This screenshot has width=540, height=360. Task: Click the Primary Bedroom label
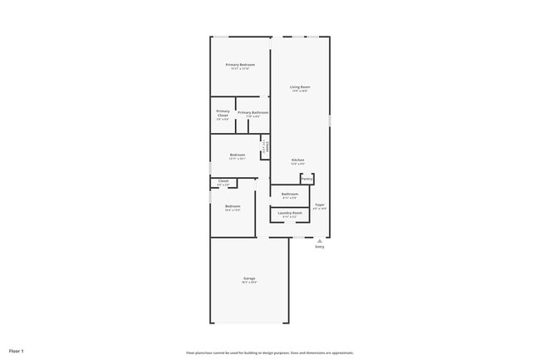click(x=240, y=64)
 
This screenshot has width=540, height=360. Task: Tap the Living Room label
click(x=300, y=86)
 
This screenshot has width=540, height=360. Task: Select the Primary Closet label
click(x=223, y=113)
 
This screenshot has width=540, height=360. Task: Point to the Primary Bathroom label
click(x=253, y=112)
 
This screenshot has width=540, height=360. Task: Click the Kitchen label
click(x=297, y=160)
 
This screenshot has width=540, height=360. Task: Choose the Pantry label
click(x=307, y=178)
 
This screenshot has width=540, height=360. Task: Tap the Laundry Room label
click(x=290, y=213)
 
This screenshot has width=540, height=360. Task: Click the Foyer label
click(x=320, y=205)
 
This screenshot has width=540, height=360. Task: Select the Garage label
click(x=249, y=278)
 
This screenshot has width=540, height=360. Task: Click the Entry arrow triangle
click(x=319, y=240)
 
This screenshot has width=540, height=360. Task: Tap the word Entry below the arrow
click(x=320, y=247)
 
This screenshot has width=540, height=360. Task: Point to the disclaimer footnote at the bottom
click(x=270, y=353)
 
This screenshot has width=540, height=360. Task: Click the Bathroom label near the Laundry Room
click(x=290, y=195)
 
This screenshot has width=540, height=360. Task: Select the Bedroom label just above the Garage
click(x=233, y=206)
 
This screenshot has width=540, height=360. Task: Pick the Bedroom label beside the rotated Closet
click(x=238, y=155)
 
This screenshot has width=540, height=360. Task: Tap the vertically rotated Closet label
click(x=266, y=147)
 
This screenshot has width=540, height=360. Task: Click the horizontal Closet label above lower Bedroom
click(x=223, y=180)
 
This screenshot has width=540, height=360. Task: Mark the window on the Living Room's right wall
click(x=330, y=121)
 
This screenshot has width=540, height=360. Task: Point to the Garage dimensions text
click(x=249, y=283)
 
